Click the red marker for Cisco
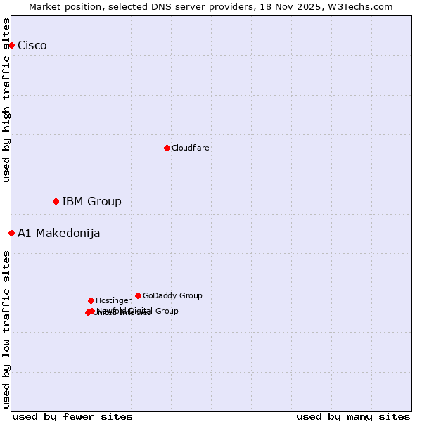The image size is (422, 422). click(11, 45)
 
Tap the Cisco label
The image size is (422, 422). click(32, 46)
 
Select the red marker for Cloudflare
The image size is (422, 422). click(167, 148)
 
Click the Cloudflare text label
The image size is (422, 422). click(191, 148)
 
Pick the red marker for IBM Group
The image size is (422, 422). click(56, 202)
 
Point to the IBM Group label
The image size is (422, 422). click(91, 202)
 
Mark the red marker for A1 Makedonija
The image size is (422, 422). click(11, 233)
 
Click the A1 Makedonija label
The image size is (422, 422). click(58, 234)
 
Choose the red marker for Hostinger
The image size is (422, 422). click(91, 300)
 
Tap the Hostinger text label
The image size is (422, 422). click(113, 301)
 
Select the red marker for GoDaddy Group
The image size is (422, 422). click(138, 295)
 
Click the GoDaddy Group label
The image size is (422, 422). click(172, 296)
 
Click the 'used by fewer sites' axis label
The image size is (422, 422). click(72, 416)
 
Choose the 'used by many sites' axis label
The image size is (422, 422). click(353, 416)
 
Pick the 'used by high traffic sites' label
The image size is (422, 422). click(7, 101)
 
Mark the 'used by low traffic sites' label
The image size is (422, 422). click(7, 329)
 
